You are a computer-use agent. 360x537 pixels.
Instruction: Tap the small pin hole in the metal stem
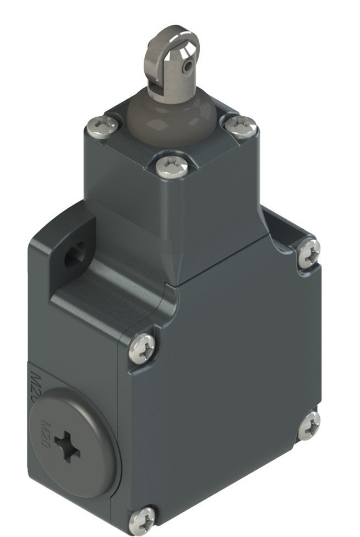click(188, 67)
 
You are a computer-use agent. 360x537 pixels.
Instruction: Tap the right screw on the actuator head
click(241, 126)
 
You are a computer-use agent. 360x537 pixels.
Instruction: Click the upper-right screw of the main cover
click(308, 253)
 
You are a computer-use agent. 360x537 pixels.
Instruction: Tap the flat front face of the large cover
click(226, 386)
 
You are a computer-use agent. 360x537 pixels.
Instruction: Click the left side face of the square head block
click(118, 182)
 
